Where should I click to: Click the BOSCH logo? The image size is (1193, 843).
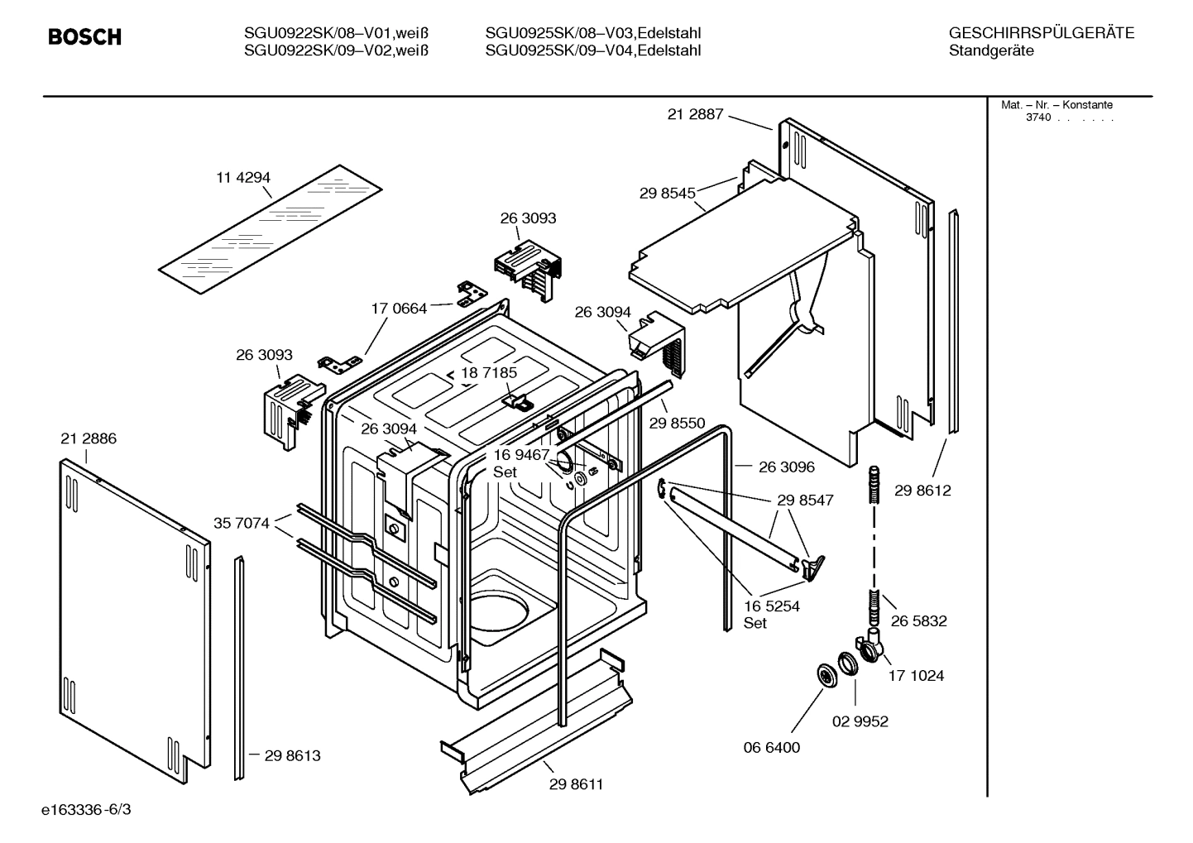click(x=84, y=37)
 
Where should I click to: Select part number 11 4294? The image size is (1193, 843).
click(x=243, y=177)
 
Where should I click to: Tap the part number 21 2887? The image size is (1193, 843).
click(x=695, y=114)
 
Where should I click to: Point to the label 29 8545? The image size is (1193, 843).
click(x=667, y=193)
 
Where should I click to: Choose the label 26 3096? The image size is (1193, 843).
click(x=786, y=467)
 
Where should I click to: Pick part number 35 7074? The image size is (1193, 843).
click(x=242, y=523)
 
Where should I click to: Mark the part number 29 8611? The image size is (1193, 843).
click(x=576, y=784)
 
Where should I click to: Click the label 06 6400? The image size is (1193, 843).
click(x=771, y=747)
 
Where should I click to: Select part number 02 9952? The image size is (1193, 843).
click(x=860, y=721)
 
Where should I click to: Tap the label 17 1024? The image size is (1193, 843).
click(x=916, y=675)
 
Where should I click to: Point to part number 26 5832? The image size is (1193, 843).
click(x=918, y=620)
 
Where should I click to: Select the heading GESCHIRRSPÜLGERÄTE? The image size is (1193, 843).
click(x=1041, y=33)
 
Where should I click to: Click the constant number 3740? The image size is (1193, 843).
click(x=1038, y=117)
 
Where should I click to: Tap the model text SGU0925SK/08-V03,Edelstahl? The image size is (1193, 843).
click(x=593, y=33)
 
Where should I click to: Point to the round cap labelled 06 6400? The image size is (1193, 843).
click(x=825, y=674)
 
